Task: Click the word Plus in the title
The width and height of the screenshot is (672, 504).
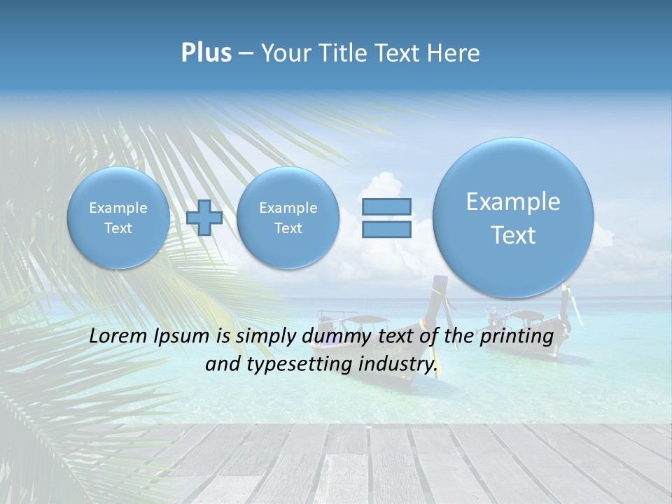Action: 206,53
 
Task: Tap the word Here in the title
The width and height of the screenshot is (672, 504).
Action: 455,53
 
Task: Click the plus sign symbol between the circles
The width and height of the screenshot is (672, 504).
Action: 204,217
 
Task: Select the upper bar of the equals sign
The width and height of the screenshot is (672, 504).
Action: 386,206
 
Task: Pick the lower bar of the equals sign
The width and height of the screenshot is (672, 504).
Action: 386,229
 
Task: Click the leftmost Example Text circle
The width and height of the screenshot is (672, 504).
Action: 118,218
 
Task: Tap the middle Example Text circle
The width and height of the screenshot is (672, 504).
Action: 288,218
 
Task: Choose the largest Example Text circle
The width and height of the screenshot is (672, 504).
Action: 513,218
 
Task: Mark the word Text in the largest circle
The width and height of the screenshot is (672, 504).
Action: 513,235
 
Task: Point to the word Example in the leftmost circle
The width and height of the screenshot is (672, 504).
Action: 118,208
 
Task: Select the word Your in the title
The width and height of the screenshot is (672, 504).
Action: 286,53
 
